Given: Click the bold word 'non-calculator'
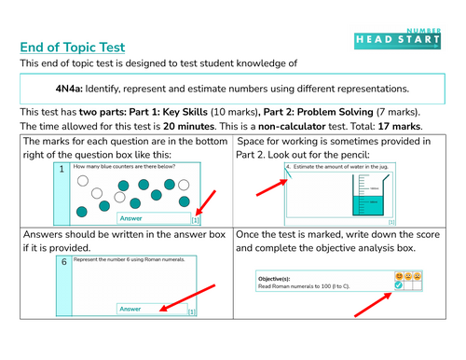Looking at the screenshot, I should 289,125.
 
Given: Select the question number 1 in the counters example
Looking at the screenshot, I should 62,170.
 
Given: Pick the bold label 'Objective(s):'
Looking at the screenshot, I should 279,278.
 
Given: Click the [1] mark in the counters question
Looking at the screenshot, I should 194,221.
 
